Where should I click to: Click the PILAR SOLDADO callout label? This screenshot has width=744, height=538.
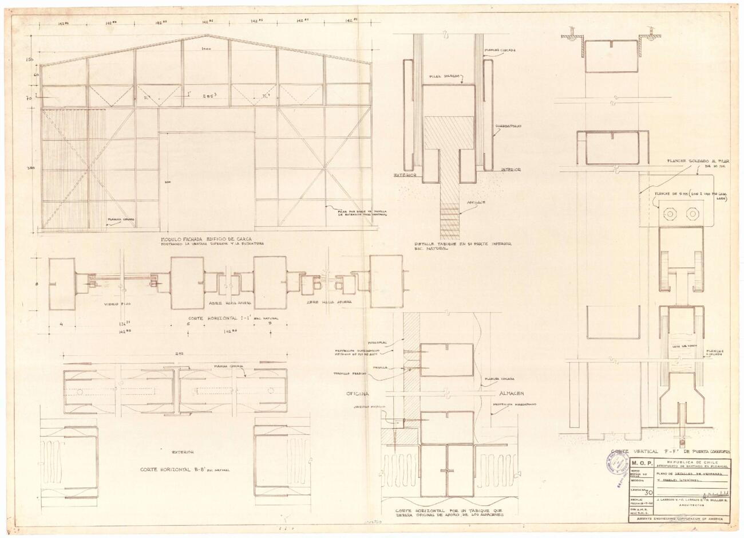[x=446, y=76]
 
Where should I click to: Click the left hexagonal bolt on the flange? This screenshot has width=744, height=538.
[x=669, y=214]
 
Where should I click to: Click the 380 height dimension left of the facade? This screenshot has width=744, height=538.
[x=32, y=168]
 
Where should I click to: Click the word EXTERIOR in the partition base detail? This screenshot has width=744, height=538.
[x=404, y=175]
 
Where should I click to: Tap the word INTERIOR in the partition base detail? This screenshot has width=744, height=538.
[x=510, y=170]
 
